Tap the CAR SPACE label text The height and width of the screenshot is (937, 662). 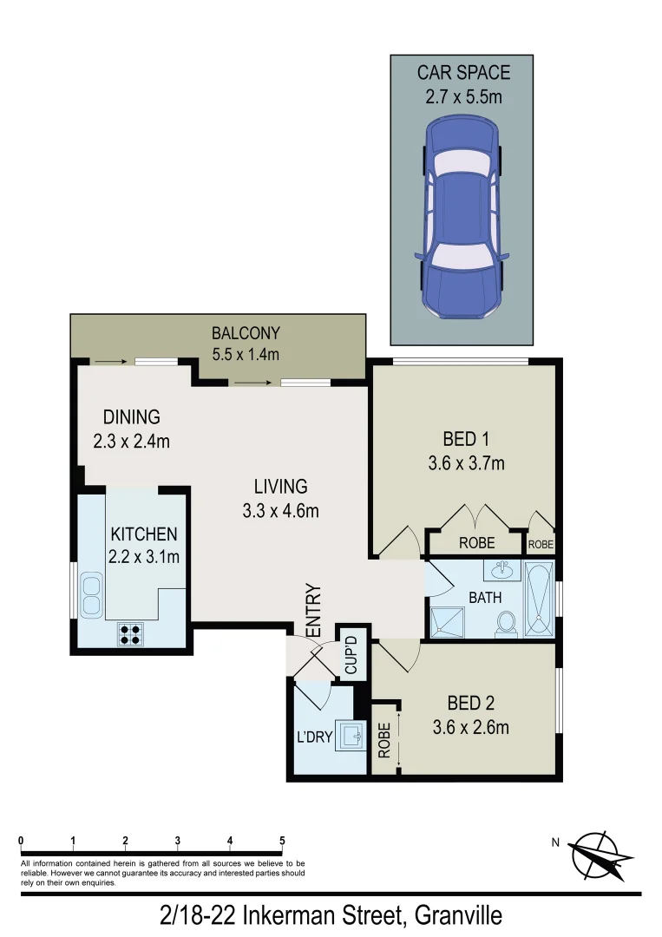pos(463,73)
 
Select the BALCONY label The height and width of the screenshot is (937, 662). pos(246,333)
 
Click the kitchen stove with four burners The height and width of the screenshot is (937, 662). pos(130,634)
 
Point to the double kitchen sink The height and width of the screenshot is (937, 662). pos(89,595)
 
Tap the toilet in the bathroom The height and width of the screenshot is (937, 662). pos(507,624)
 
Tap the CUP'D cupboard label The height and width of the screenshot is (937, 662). pos(352,652)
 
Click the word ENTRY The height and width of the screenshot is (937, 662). pos(314,612)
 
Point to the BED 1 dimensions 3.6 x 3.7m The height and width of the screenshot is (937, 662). pos(466,463)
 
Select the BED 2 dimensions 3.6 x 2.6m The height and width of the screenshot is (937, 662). pos(471,727)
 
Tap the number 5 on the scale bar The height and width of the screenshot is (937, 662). pos(282,840)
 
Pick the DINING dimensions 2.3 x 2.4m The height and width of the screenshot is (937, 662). pos(131,441)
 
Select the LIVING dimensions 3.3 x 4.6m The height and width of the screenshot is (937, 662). pos(280,511)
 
